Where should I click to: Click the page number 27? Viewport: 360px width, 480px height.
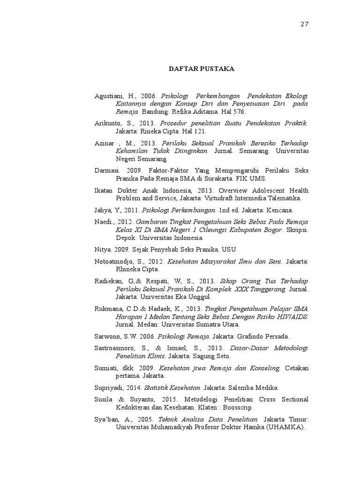click(x=304, y=24)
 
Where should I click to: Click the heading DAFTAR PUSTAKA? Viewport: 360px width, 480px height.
click(x=201, y=69)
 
